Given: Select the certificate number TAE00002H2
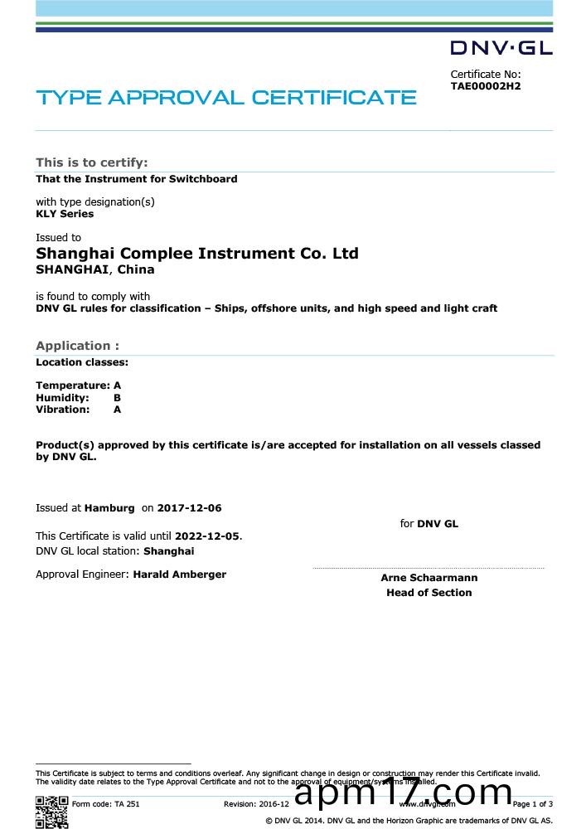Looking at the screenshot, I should pos(486,85).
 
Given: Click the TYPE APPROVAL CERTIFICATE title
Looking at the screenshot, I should pos(226,98).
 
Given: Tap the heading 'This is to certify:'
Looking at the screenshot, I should pos(91,162).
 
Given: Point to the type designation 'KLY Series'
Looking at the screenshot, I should pos(65,214).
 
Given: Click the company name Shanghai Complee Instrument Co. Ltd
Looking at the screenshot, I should pos(197,253).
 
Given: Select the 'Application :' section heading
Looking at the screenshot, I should pos(77,346).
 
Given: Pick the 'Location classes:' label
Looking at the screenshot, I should pos(82,362).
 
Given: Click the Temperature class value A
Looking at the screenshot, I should pos(118,385).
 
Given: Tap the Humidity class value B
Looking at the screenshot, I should pos(118,398).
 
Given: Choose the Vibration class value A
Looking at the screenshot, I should pos(118,410).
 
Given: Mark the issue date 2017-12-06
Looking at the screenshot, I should pos(190,507).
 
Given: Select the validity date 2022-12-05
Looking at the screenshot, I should pos(207,536).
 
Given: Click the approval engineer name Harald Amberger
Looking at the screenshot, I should pos(179,574).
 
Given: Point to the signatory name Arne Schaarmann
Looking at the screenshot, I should pos(429,578).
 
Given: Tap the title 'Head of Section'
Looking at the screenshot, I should pos(429,593).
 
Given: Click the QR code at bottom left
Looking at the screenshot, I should pos(51,810).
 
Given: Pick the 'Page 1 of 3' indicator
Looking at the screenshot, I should pos(532,804).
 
